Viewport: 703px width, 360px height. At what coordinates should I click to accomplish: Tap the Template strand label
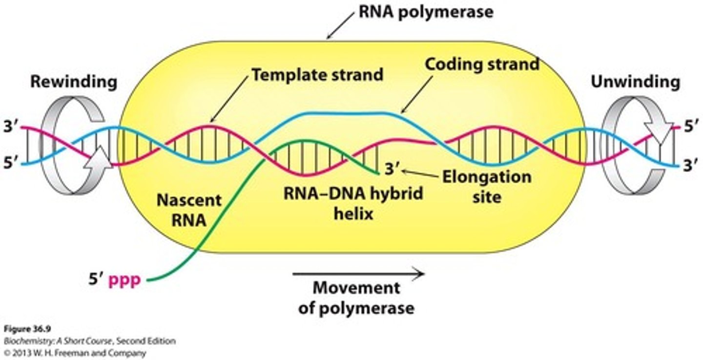(317, 74)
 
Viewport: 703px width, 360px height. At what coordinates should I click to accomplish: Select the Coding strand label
(482, 64)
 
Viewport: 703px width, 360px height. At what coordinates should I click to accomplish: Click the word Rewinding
(74, 82)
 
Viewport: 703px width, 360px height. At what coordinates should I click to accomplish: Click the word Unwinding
(635, 82)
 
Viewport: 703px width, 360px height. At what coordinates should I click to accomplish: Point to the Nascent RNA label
(189, 209)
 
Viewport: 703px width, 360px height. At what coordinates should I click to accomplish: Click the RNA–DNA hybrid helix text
(353, 203)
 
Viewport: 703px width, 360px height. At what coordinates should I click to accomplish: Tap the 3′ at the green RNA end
(392, 169)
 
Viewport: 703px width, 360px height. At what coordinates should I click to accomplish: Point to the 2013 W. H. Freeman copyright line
(73, 352)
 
